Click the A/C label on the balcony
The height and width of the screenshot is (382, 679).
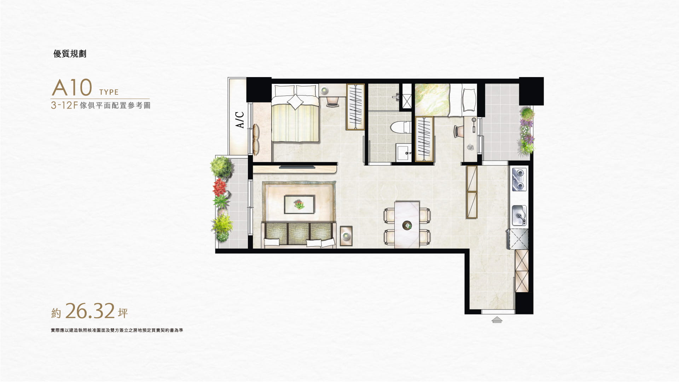tap(240, 120)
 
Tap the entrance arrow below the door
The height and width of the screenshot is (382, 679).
tap(497, 320)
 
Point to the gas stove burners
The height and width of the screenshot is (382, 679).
tap(519, 180)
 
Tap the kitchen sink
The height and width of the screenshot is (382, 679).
tap(519, 215)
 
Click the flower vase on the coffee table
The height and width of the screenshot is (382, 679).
tap(299, 204)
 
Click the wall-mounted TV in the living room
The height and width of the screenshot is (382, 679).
tap(297, 166)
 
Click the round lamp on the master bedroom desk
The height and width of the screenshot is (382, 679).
tap(325, 91)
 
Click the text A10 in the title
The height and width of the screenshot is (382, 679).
tap(72, 88)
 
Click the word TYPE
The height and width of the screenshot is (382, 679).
tap(109, 92)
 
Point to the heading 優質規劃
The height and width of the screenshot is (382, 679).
tap(70, 54)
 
